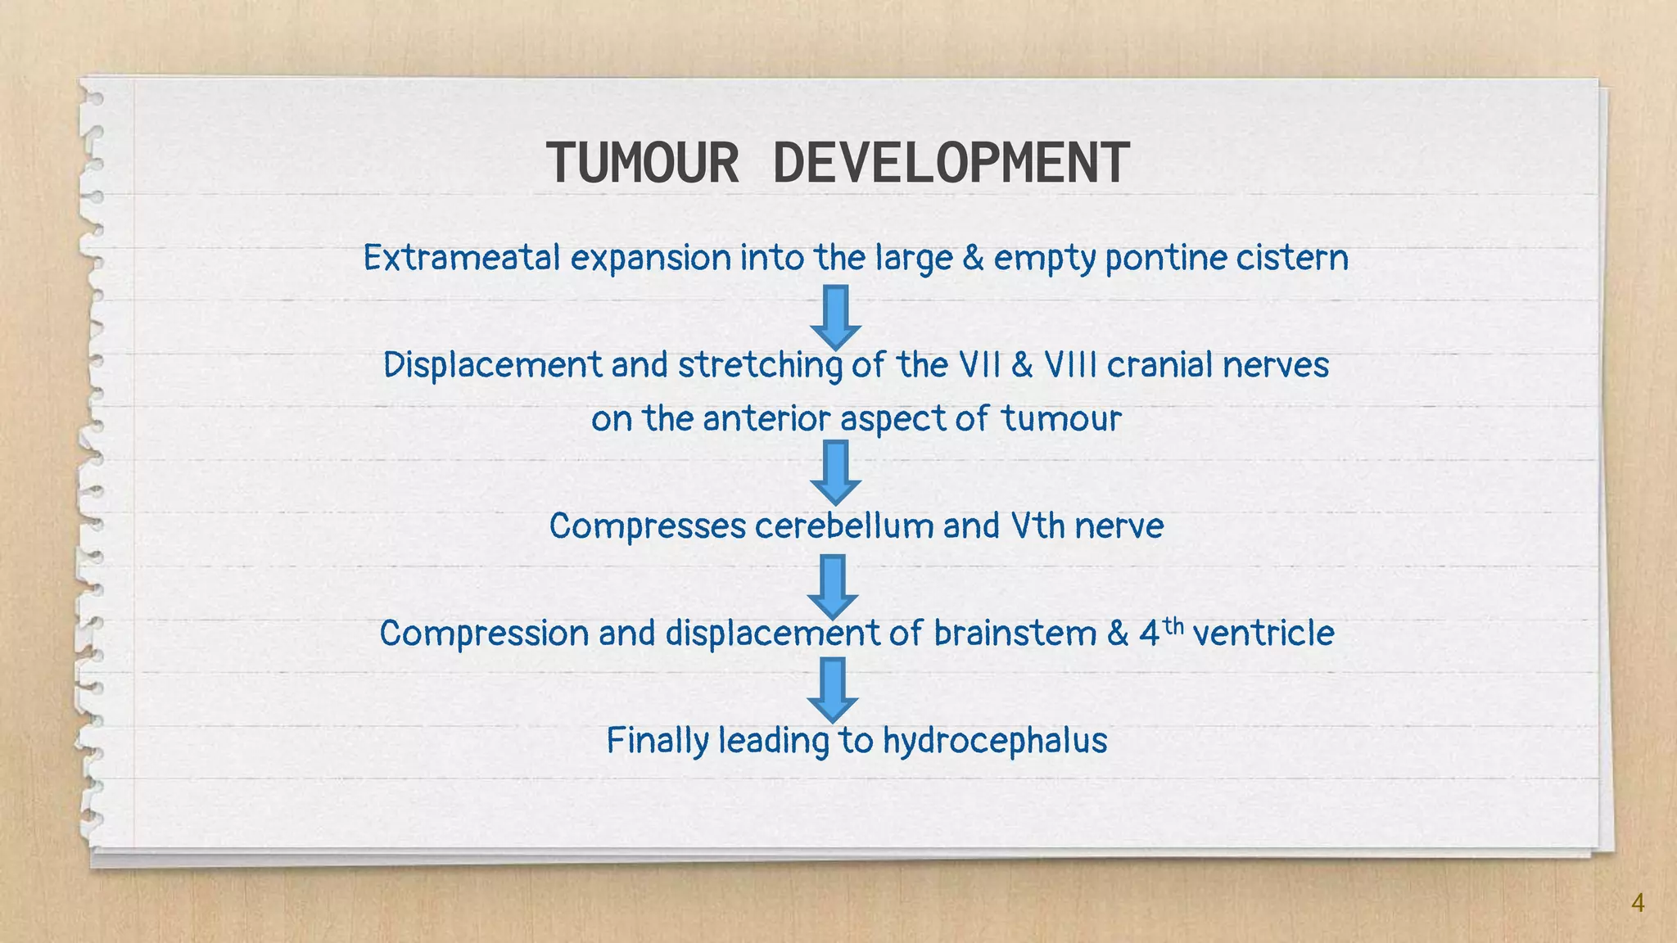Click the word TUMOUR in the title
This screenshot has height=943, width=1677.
tap(642, 163)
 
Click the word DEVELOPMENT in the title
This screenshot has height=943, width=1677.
tap(951, 163)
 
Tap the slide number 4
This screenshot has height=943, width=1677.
tap(1638, 903)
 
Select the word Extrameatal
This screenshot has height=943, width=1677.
tap(462, 258)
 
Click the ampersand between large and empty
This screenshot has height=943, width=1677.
tap(973, 258)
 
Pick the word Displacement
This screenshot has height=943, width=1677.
tap(492, 365)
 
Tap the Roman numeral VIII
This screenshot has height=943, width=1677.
tap(1069, 365)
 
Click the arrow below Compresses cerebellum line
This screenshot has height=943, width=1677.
tap(833, 586)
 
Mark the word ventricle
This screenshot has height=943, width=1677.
tap(1263, 634)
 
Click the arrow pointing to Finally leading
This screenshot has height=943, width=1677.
tap(833, 689)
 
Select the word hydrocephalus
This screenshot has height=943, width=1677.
tap(995, 741)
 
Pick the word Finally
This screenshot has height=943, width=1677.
tap(658, 741)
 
